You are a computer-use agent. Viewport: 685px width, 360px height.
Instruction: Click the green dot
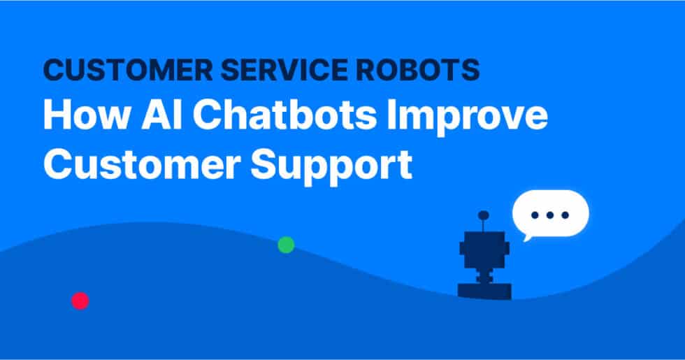point(286,245)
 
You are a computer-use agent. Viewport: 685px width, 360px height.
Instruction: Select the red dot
point(80,301)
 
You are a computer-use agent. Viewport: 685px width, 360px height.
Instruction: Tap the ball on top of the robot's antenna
point(483,215)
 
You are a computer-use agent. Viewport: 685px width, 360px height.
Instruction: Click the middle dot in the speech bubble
point(550,214)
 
